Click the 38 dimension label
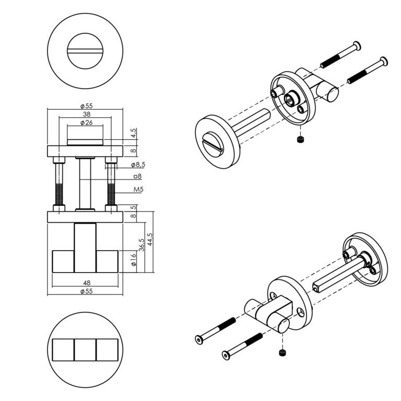(x=87, y=114)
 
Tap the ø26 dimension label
(x=87, y=123)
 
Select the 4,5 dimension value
(x=134, y=133)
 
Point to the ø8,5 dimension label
(x=138, y=164)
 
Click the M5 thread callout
(x=138, y=190)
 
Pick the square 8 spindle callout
(x=138, y=176)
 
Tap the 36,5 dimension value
(x=141, y=245)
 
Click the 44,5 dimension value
(x=150, y=239)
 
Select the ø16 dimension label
(x=134, y=260)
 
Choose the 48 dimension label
(x=87, y=283)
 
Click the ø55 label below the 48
(x=87, y=291)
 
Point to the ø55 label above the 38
(x=87, y=106)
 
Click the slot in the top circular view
(x=85, y=51)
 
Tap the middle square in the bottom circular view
(x=85, y=350)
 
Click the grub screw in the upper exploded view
(x=300, y=139)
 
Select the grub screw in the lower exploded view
(x=282, y=352)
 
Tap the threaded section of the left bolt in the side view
(x=59, y=194)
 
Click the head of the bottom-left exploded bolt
(x=199, y=339)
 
